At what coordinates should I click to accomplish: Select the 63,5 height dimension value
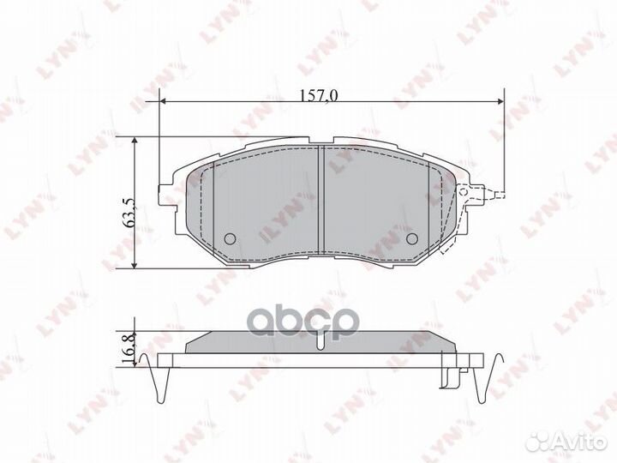pyautogui.click(x=129, y=210)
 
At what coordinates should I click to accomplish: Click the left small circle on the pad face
pyautogui.click(x=229, y=239)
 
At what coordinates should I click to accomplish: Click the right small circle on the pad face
pyautogui.click(x=410, y=239)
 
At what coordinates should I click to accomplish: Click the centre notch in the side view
pyautogui.click(x=320, y=342)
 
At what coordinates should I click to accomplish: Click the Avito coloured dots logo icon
pyautogui.click(x=542, y=440)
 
